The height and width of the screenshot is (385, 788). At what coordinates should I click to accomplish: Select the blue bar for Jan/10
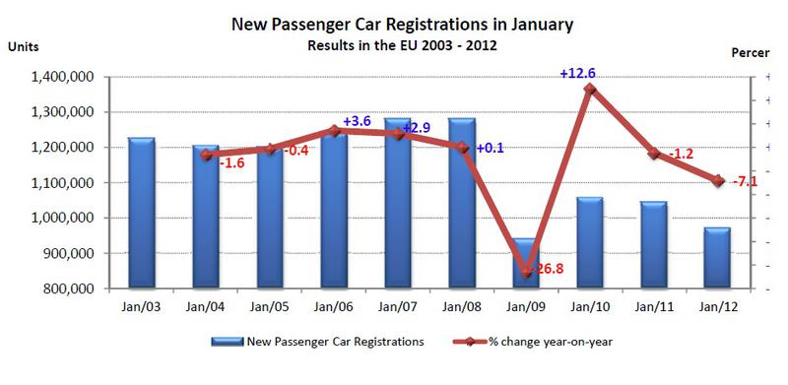point(589,243)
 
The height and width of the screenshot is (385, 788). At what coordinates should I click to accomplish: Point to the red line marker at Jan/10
point(590,90)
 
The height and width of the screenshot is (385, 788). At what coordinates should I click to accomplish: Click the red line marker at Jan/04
point(206,155)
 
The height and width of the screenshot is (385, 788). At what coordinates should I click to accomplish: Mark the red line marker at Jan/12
point(718,181)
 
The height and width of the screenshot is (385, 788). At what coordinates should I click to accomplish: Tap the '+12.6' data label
point(577,73)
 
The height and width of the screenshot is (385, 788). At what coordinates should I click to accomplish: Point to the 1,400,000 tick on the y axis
point(65,77)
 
